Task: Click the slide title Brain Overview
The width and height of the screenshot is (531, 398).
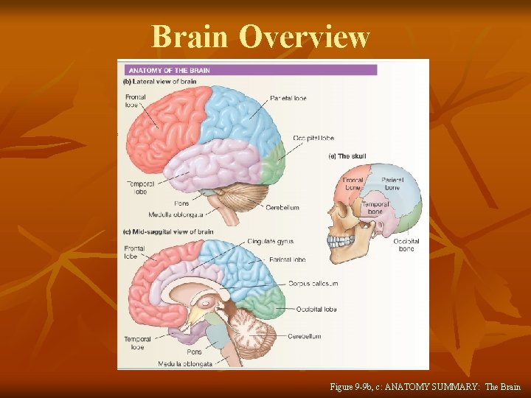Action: (x=260, y=36)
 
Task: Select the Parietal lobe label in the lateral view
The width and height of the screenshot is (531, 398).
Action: (x=288, y=98)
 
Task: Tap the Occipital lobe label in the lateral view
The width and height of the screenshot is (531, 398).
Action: (x=313, y=138)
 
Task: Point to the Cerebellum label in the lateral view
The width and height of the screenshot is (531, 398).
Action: (x=282, y=208)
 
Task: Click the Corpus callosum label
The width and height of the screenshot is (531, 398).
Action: (x=313, y=283)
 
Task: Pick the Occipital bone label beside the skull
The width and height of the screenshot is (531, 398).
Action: (x=406, y=245)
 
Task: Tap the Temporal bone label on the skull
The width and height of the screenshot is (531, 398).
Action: (x=375, y=208)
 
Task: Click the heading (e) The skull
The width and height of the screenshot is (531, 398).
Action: (x=347, y=156)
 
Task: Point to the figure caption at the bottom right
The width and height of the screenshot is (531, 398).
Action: (x=425, y=386)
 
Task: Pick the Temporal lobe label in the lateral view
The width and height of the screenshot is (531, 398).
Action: (x=136, y=187)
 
